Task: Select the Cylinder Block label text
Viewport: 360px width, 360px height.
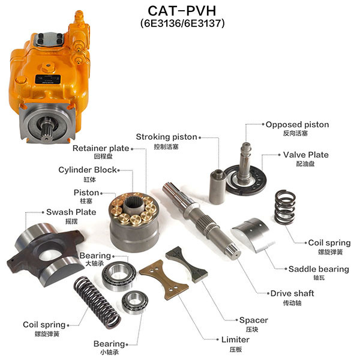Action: click(x=87, y=170)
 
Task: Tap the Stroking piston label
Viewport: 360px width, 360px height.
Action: click(x=166, y=137)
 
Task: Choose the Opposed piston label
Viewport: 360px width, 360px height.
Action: click(x=297, y=124)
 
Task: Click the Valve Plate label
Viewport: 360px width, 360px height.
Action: click(x=306, y=154)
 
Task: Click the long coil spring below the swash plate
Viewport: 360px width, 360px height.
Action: click(x=94, y=303)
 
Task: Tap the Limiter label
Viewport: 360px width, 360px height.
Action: click(x=235, y=340)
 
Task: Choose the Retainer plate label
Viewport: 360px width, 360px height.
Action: click(x=101, y=148)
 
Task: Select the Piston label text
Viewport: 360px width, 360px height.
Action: click(x=86, y=193)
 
